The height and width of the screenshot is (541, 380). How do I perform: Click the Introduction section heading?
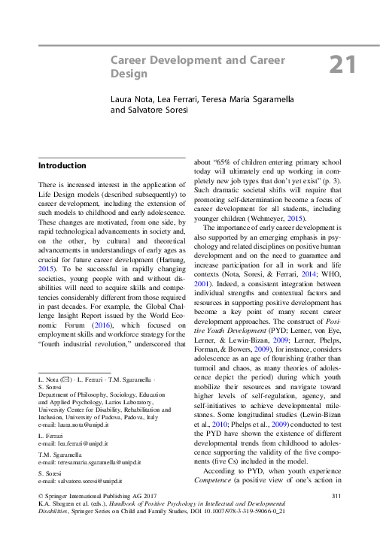(x=62, y=165)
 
